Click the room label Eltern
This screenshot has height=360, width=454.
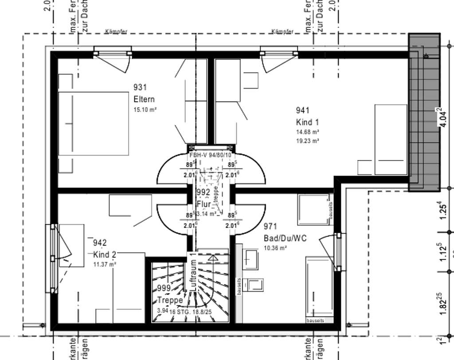pyautogui.click(x=144, y=99)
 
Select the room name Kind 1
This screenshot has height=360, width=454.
pyautogui.click(x=307, y=122)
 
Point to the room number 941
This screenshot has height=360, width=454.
pyautogui.click(x=302, y=110)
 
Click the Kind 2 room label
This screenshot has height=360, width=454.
pyautogui.click(x=105, y=254)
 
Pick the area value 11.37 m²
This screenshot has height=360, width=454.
pyautogui.click(x=104, y=265)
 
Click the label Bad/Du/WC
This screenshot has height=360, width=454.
pyautogui.click(x=285, y=238)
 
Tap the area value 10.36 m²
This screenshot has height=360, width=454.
pyautogui.click(x=275, y=248)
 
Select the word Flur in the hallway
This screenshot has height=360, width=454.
pyautogui.click(x=203, y=204)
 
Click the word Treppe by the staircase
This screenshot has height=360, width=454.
pyautogui.click(x=170, y=300)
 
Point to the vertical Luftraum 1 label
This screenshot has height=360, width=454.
pyautogui.click(x=193, y=271)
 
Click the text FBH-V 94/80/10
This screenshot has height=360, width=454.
pyautogui.click(x=210, y=155)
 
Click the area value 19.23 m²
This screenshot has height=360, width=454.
pyautogui.click(x=308, y=141)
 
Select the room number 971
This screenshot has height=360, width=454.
pyautogui.click(x=270, y=226)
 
